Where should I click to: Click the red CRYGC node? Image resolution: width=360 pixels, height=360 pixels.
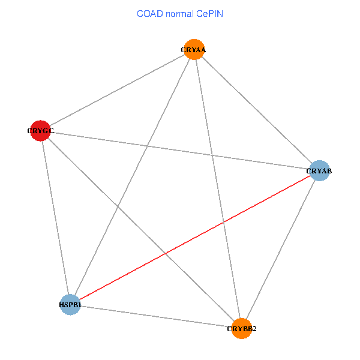(x=40, y=130)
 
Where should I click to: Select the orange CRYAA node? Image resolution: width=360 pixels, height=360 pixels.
(x=194, y=49)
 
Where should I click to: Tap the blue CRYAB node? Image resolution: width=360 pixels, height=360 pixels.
(x=319, y=170)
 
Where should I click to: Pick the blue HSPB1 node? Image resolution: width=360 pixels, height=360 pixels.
(x=70, y=304)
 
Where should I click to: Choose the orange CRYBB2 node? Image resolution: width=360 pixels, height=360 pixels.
(x=241, y=329)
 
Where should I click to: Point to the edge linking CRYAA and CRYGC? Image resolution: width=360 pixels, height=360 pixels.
(x=117, y=90)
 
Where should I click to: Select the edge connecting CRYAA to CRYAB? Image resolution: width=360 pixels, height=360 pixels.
(x=257, y=110)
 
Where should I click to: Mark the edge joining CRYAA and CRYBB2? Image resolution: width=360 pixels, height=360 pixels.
(x=210, y=142)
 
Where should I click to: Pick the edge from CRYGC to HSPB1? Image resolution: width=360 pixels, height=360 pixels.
(x=55, y=217)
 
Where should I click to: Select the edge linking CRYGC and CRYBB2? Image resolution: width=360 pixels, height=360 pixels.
(x=140, y=229)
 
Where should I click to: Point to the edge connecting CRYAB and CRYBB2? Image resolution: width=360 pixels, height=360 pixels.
(x=280, y=250)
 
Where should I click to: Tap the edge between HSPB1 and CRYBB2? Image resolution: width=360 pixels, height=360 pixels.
(x=156, y=316)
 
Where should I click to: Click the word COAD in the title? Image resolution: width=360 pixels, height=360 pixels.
(x=149, y=13)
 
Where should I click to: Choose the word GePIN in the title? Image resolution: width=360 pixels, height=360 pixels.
(x=210, y=13)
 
